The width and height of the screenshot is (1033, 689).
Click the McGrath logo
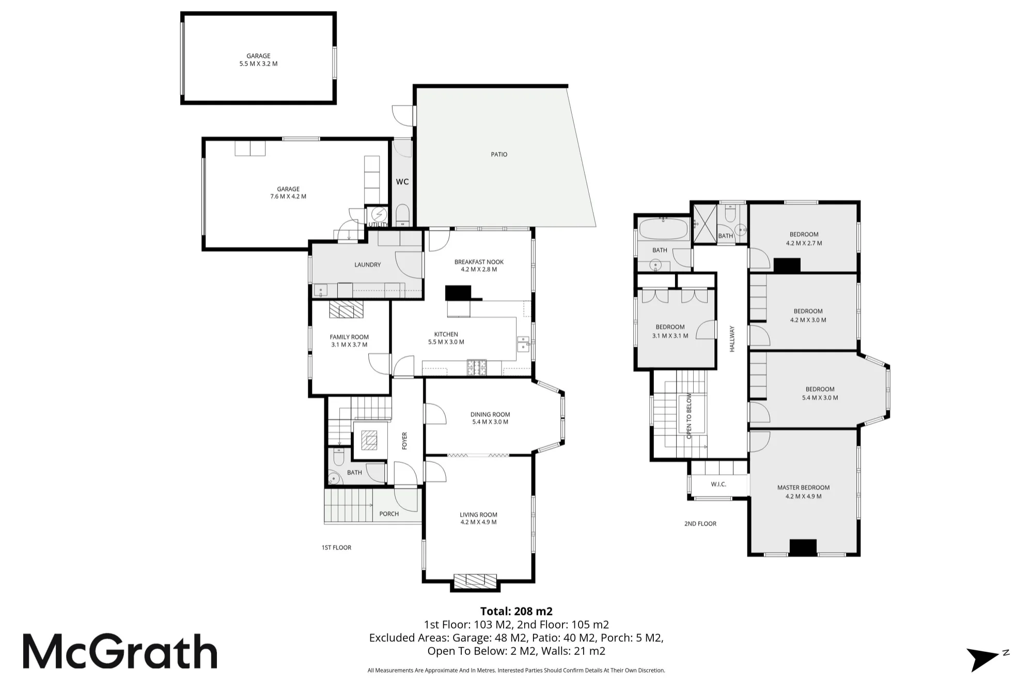pos(120,652)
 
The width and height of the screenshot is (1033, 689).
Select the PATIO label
pos(499,154)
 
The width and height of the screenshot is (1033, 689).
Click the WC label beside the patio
pos(402,182)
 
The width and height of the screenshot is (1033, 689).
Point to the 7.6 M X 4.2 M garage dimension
pos(288,196)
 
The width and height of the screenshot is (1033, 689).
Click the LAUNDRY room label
pos(367,264)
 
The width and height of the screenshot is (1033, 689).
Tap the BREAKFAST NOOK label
pos(479,262)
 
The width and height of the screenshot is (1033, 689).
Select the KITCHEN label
pos(446,334)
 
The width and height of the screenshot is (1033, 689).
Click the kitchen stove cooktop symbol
pos(477,367)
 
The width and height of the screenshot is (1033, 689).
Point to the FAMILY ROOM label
pos(349,337)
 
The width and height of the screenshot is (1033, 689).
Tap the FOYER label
pos(404,441)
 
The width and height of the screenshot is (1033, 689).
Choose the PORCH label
pos(389,513)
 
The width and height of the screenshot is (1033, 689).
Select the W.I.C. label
pos(718,484)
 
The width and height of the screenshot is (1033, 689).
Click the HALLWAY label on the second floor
pos(731,339)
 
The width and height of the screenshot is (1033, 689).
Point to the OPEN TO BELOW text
pos(689,416)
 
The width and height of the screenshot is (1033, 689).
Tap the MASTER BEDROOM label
pos(803,487)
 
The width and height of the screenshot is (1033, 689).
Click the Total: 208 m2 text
pos(516,611)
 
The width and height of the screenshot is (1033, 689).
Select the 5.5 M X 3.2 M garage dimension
pos(258,64)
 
